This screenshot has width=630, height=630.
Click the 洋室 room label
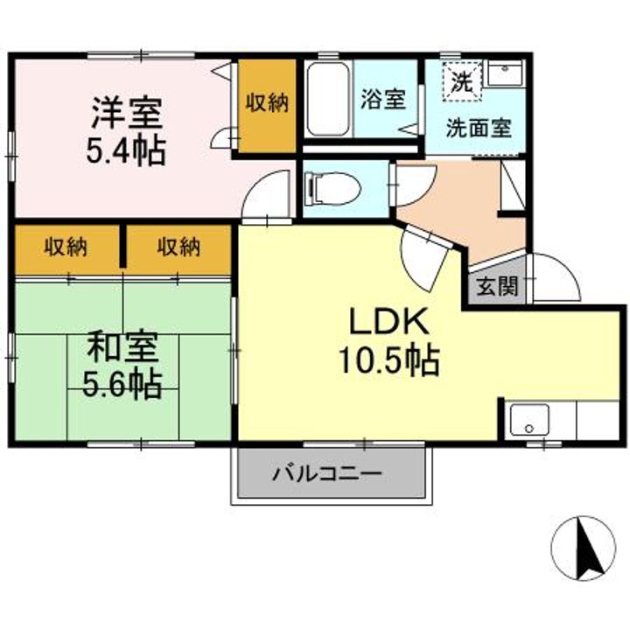click(127, 113)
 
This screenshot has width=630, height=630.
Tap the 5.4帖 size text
click(126, 151)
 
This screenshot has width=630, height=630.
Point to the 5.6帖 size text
click(122, 384)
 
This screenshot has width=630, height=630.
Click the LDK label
click(388, 320)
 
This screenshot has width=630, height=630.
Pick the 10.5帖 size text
click(388, 360)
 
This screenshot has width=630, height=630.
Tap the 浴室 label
click(383, 98)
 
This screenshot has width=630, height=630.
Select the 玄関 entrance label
click(497, 286)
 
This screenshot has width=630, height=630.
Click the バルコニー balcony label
click(327, 474)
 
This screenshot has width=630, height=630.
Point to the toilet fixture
click(332, 188)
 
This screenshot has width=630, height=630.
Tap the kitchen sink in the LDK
click(529, 420)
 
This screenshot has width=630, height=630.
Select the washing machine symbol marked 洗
click(462, 82)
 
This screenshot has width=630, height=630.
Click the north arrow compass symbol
click(583, 548)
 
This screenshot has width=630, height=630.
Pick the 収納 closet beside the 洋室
click(267, 107)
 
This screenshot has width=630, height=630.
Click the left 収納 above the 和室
click(66, 249)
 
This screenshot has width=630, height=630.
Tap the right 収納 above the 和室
click(178, 249)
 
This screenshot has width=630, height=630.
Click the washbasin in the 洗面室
click(505, 73)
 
